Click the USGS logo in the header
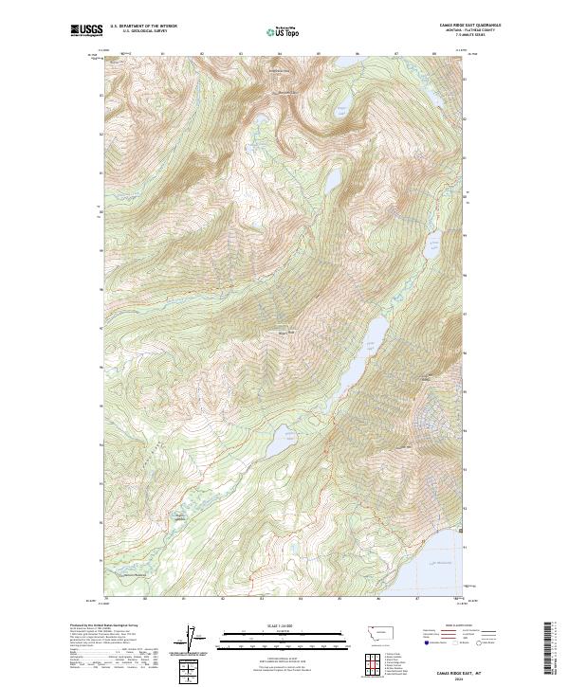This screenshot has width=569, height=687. pos(86,29)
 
